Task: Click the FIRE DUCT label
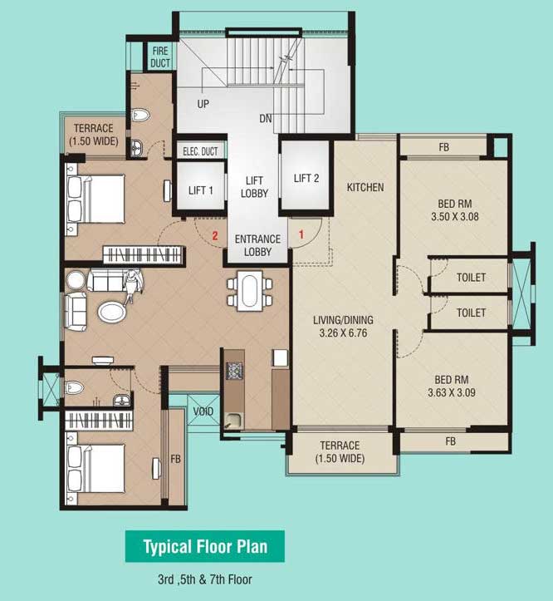[160, 57]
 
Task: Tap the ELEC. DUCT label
[200, 151]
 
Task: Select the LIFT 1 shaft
[200, 186]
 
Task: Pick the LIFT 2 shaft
[306, 175]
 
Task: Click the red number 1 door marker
[301, 234]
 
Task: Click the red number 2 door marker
[215, 236]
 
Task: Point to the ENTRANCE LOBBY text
[257, 245]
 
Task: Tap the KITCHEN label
[365, 187]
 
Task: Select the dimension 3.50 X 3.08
[455, 217]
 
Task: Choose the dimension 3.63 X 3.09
[452, 392]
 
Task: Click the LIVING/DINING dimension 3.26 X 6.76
[344, 333]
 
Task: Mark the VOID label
[203, 411]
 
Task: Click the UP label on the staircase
[203, 104]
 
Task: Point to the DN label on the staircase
[266, 118]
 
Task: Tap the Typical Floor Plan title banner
[205, 546]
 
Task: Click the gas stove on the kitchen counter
[234, 371]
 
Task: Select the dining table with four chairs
[249, 291]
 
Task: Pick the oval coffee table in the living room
[112, 312]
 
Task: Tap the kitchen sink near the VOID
[233, 421]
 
